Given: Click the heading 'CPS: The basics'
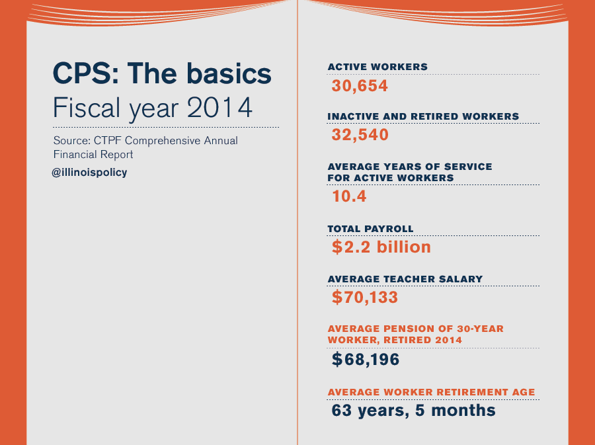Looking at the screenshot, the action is (162, 73).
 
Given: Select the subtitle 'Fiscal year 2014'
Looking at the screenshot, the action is (153, 108).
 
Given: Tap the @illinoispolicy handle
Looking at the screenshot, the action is (89, 172).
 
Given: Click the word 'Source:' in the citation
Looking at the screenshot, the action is (72, 141).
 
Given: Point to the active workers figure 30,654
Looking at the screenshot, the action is (360, 86).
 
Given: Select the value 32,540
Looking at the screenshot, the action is (360, 135).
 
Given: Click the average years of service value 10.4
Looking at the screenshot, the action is (349, 196).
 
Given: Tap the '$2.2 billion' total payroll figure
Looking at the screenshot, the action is (381, 247).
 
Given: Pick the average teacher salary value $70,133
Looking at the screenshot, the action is (365, 297).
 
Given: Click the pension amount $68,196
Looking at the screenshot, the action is (366, 359).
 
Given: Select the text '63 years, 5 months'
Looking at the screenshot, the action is (413, 411).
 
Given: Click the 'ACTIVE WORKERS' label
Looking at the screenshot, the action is (377, 67).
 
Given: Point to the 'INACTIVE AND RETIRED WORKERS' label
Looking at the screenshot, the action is (423, 116).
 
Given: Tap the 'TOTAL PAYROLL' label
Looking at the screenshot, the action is (370, 229).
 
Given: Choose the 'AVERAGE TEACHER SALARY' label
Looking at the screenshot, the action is (405, 279).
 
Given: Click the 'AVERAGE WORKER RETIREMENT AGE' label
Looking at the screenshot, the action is (432, 392).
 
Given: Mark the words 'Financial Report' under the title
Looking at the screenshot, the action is (93, 155).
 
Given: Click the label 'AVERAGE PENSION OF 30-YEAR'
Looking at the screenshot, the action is (416, 329).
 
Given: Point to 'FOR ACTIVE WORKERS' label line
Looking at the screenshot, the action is (391, 178).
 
